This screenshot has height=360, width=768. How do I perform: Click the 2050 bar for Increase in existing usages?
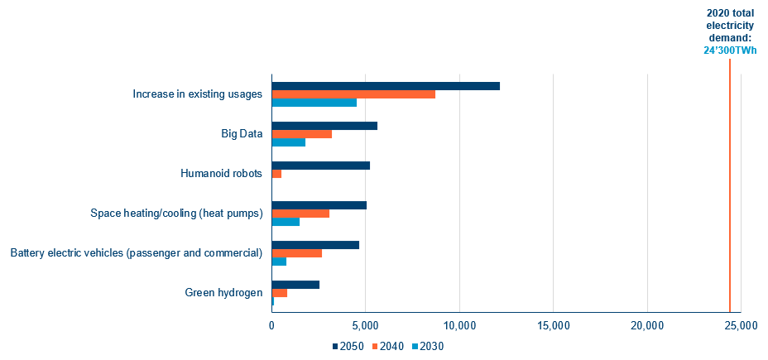(386, 86)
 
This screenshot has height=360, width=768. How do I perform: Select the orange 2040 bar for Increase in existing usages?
(353, 94)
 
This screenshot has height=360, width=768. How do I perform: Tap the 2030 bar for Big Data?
(289, 142)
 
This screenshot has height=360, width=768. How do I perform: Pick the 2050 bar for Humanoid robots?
(321, 166)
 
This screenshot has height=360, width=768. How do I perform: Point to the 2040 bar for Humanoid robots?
(277, 174)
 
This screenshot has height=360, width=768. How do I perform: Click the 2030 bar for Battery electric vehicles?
(280, 262)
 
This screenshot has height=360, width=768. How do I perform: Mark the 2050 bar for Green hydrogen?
(295, 285)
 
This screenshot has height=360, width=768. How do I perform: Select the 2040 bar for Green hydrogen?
(280, 293)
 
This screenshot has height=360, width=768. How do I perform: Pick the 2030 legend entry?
(431, 346)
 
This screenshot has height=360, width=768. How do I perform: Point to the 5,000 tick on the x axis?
(365, 326)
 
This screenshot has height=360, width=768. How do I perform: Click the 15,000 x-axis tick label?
(552, 326)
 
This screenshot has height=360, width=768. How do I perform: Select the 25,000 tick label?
(740, 326)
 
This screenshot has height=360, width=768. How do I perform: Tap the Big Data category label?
(242, 134)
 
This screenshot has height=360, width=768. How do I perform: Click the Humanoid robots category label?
(221, 174)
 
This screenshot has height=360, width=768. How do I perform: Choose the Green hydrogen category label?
(224, 293)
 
